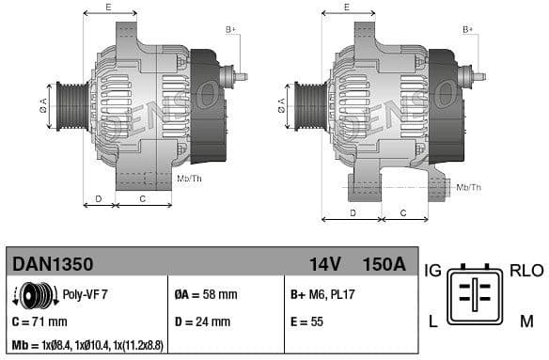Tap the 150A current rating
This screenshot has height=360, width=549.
click(384, 265)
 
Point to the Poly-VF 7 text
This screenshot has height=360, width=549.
click(85, 294)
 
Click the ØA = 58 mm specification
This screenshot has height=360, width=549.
click(206, 294)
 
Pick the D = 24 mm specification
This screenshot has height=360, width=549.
click(202, 321)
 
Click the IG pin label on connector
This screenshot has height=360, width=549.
click(432, 271)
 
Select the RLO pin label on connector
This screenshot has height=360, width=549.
click(525, 271)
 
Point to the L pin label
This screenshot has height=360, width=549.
click(432, 321)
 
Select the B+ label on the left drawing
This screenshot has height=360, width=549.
click(230, 29)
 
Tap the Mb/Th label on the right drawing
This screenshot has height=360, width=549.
click(468, 187)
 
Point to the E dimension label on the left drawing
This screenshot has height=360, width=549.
click(108, 8)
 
